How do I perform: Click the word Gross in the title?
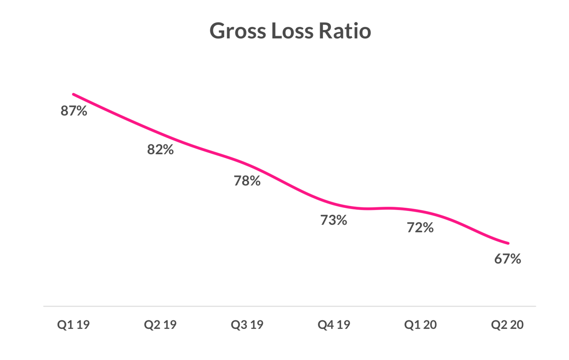coord(238,31)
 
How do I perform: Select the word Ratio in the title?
coord(344,31)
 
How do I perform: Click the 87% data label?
coord(74,111)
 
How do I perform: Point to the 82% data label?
coord(160,150)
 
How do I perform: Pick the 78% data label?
coord(247,181)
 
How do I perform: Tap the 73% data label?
coord(334,220)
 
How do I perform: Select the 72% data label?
coord(420,228)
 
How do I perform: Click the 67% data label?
coord(507,259)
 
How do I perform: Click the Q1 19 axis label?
coord(74,325)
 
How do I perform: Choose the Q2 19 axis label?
coord(160,325)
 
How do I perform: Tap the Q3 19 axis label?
coord(247,325)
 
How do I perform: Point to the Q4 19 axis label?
coord(334,325)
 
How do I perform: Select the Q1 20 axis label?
coord(420,325)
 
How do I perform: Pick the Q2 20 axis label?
coord(507,325)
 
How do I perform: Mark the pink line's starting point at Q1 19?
coord(74,94)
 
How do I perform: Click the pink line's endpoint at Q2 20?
coord(508,243)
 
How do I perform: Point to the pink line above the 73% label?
coord(334,203)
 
